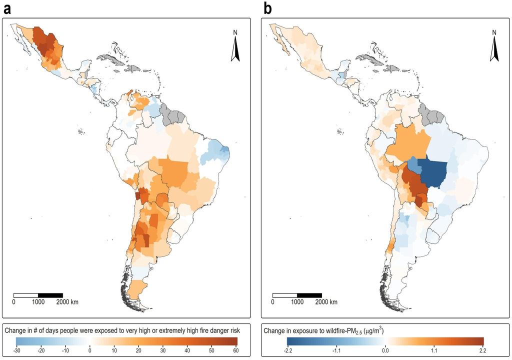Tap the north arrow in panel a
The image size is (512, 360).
235,47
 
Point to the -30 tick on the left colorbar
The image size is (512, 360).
17,351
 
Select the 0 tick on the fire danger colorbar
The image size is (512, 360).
90,351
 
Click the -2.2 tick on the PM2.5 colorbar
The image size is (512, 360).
288,351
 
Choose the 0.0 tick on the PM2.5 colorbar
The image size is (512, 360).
384,351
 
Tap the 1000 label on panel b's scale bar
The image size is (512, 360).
297,302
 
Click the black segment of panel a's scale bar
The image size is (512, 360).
50,294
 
